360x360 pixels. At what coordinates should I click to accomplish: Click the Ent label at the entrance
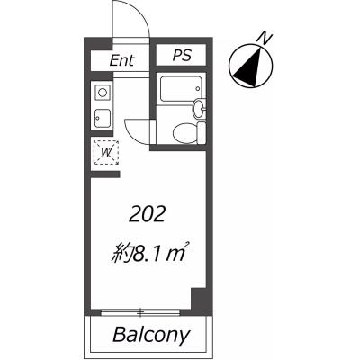click(121, 60)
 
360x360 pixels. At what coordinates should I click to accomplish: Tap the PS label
click(182, 55)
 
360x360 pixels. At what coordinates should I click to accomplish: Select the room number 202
click(147, 215)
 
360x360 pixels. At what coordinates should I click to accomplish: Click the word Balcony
click(151, 335)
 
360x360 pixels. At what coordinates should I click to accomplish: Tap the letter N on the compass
click(265, 38)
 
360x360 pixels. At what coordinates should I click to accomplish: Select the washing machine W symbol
click(106, 153)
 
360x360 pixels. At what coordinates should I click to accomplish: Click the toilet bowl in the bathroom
click(184, 131)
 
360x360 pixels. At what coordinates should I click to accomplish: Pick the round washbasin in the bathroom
click(198, 110)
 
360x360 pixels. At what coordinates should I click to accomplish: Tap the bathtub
click(181, 89)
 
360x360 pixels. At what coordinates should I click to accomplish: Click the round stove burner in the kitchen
click(103, 93)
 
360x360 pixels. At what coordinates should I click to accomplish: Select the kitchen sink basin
click(103, 119)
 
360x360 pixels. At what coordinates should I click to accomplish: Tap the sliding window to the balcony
click(140, 313)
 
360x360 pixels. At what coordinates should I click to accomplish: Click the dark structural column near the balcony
click(199, 299)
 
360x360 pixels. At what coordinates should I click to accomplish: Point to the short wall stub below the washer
click(105, 175)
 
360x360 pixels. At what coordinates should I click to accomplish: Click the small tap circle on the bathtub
click(197, 88)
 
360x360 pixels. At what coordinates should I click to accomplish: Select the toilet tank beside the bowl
click(202, 132)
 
